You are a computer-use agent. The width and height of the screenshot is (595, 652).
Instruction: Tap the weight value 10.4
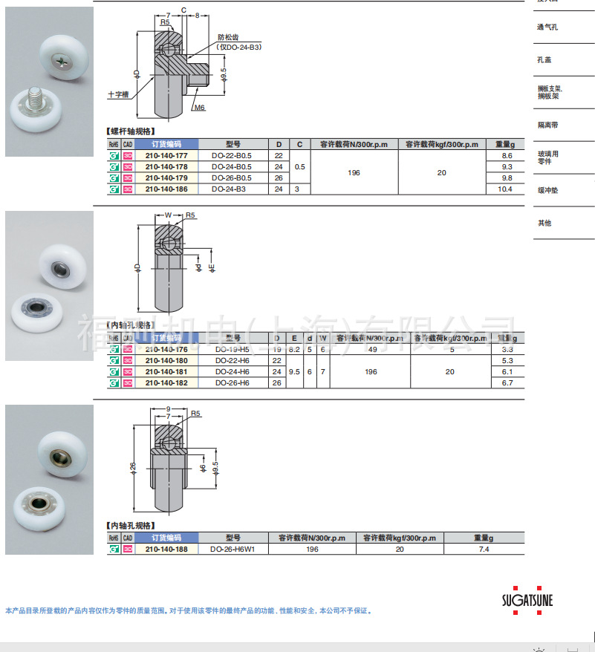(x=507, y=189)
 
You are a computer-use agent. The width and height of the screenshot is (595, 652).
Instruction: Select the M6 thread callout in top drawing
(x=199, y=108)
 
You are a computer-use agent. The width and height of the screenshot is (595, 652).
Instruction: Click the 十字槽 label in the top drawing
(x=117, y=95)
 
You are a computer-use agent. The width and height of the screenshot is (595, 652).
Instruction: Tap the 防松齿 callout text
(x=228, y=37)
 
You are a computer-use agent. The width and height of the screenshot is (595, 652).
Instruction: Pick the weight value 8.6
(x=507, y=156)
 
